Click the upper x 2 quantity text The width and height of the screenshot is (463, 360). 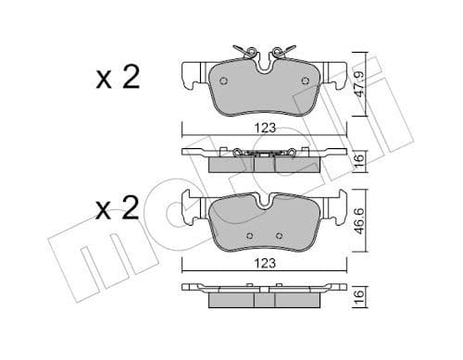coord(117,78)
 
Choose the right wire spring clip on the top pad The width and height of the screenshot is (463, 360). coord(284,50)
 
